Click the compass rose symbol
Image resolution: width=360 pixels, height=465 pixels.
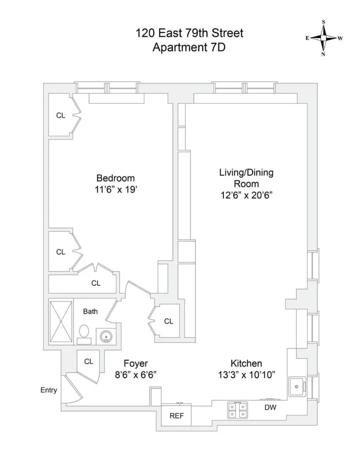(x=323, y=38)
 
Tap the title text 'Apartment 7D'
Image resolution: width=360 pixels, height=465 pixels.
(x=189, y=47)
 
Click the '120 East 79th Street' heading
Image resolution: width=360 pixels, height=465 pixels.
(x=189, y=33)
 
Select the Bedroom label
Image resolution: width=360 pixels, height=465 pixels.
(x=115, y=178)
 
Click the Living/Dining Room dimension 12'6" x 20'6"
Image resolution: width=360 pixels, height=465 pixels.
(x=246, y=196)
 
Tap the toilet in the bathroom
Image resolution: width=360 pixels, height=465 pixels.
(x=84, y=333)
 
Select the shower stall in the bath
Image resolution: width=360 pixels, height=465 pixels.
(x=61, y=321)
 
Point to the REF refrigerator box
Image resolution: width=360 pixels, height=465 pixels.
(x=176, y=416)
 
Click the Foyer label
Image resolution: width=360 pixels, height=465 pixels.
(x=136, y=364)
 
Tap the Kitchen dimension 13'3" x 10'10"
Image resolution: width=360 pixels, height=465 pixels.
(x=246, y=375)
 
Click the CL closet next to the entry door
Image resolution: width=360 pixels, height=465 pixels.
(x=89, y=361)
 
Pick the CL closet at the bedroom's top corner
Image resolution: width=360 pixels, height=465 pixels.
(x=60, y=116)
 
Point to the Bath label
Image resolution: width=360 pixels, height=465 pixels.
(x=90, y=311)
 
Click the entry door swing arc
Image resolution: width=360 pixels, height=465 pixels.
(x=74, y=391)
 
